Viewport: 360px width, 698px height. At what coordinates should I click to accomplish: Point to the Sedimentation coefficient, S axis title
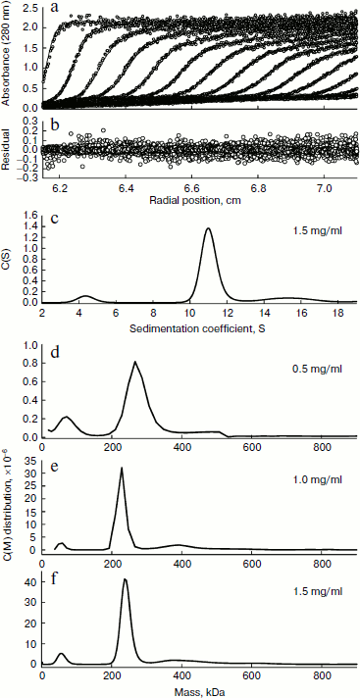click(200, 328)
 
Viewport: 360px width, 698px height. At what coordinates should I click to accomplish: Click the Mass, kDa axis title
click(200, 689)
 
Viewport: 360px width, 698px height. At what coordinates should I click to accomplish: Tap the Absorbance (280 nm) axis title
click(7, 59)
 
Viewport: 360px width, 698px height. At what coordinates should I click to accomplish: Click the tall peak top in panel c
click(208, 228)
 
